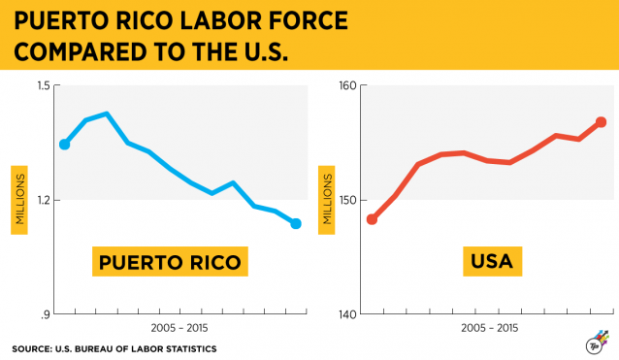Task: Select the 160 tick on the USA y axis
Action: pos(345,86)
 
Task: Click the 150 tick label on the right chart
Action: pos(345,200)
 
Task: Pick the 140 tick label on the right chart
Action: pos(345,314)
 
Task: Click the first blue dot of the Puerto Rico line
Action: pos(65,144)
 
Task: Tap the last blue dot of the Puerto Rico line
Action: pos(296,223)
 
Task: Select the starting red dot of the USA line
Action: pos(372,219)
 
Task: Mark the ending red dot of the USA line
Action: pos(602,122)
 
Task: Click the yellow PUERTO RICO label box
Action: pos(170,262)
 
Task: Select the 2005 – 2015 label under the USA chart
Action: pos(490,329)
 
